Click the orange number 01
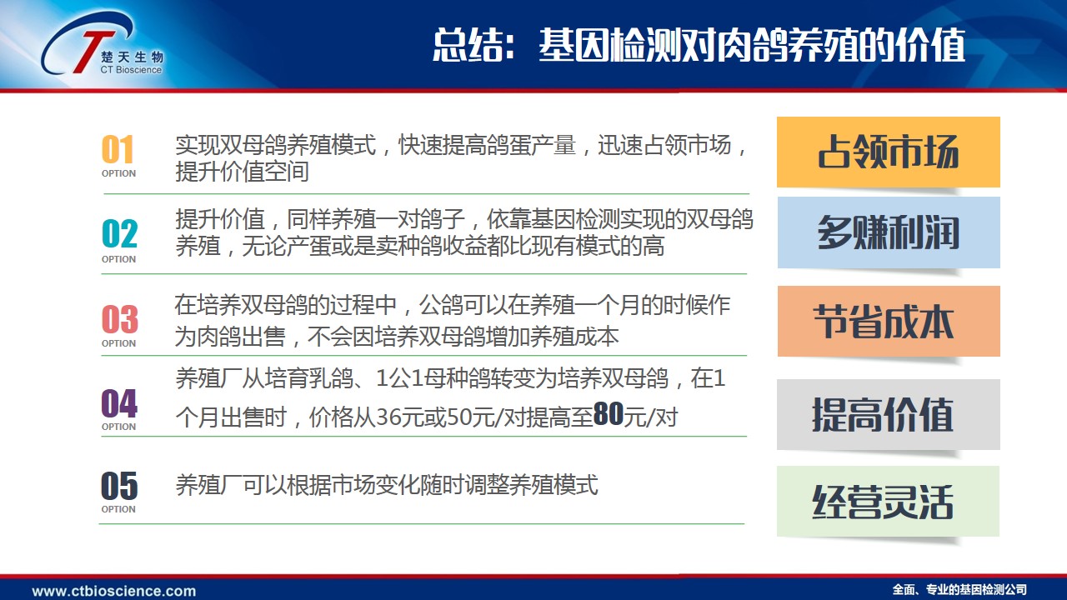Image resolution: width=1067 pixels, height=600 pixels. (x=118, y=149)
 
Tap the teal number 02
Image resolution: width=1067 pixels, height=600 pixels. (x=119, y=233)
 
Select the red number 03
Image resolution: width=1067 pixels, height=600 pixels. (x=119, y=319)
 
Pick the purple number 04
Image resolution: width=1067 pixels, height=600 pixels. (x=119, y=402)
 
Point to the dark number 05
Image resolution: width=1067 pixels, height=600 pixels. (x=119, y=486)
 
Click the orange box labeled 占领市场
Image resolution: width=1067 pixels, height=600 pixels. (x=889, y=152)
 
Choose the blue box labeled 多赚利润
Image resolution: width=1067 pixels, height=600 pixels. (x=889, y=232)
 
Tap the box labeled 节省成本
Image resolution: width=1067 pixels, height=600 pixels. (x=889, y=321)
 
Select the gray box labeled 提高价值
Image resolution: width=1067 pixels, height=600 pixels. (x=889, y=414)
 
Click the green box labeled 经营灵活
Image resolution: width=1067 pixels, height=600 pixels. (x=888, y=502)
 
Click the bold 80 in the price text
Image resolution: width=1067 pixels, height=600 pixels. (x=609, y=413)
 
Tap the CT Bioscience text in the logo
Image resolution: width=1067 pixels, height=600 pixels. (x=131, y=70)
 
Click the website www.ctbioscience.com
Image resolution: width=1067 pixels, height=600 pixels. (x=114, y=591)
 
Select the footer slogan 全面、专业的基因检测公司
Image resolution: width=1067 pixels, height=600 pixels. (x=959, y=590)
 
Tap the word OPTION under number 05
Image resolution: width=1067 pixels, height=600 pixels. (x=118, y=509)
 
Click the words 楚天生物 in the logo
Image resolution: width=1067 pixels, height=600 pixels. (x=132, y=57)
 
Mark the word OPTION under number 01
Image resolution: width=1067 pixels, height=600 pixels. (x=118, y=173)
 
